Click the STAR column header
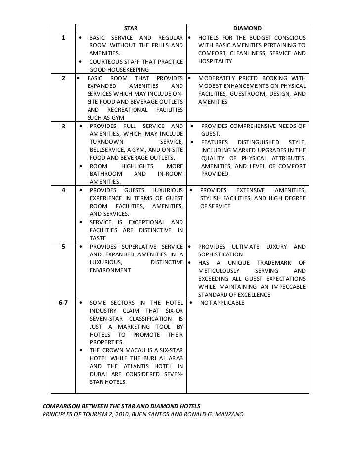pyautogui.click(x=131, y=28)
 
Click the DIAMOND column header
pyautogui.click(x=247, y=28)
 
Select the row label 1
pyautogui.click(x=63, y=38)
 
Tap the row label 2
pyautogui.click(x=63, y=78)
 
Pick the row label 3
pyautogui.click(x=63, y=126)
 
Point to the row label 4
pyautogui.click(x=63, y=190)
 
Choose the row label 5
pyautogui.click(x=63, y=247)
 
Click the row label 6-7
pyautogui.click(x=63, y=302)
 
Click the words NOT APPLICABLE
pyautogui.click(x=222, y=302)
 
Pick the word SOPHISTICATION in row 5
pyautogui.click(x=221, y=254)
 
